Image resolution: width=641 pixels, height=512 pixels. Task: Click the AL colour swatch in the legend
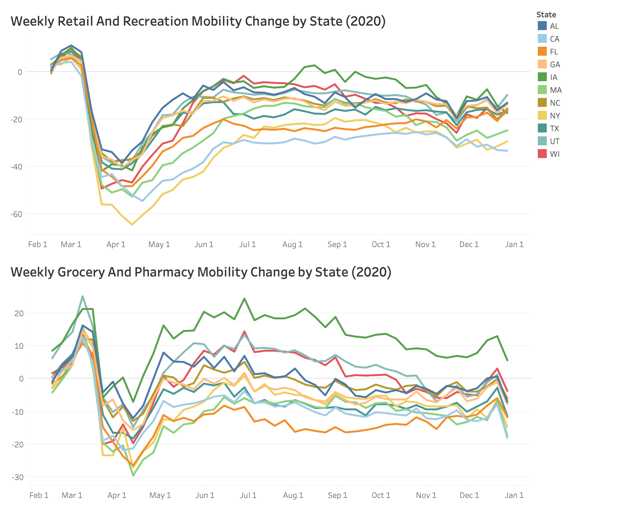[542, 26]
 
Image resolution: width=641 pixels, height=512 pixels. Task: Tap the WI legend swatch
[542, 154]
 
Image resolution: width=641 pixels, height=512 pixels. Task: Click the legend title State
[546, 14]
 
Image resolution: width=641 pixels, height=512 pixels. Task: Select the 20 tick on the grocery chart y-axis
[19, 313]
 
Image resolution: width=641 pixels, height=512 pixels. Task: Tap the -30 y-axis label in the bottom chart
[18, 477]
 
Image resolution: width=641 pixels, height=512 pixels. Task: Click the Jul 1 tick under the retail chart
[248, 244]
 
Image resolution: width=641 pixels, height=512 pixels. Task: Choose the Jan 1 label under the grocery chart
[514, 495]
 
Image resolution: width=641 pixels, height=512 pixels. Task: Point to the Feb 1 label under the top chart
[38, 244]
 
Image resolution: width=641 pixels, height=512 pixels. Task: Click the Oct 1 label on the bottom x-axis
[381, 495]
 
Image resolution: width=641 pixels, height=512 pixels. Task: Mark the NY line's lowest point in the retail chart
[132, 225]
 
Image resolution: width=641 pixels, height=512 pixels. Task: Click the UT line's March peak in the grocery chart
[82, 296]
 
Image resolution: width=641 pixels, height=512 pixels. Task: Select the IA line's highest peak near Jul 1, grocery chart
[244, 299]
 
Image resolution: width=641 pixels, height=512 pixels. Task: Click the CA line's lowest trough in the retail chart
[142, 201]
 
